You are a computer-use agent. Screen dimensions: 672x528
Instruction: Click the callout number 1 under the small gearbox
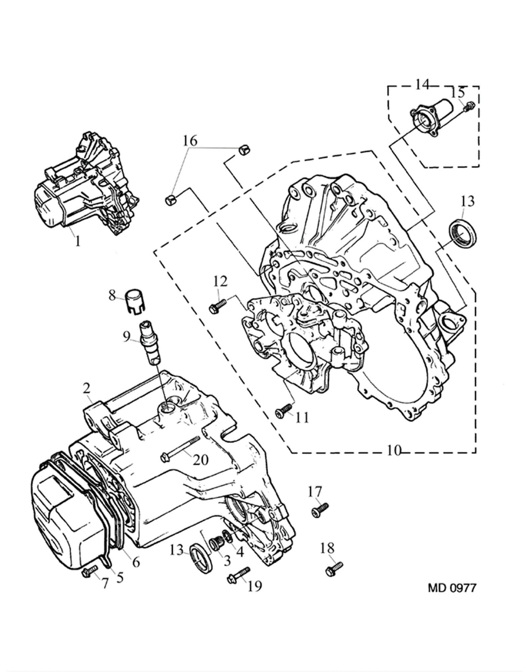[78, 241]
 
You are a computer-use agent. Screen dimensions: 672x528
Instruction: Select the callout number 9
[126, 336]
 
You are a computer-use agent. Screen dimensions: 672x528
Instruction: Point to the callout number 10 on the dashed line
[394, 451]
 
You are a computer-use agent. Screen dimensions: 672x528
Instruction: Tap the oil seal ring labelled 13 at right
[463, 233]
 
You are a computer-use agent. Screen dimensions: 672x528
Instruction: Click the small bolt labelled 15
[469, 107]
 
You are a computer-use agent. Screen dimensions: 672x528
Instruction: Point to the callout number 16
[190, 141]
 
